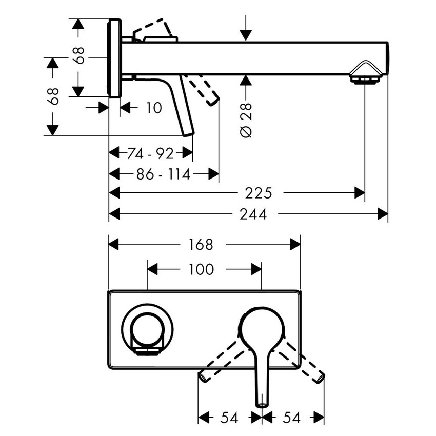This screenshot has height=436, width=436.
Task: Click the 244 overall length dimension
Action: point(252,214)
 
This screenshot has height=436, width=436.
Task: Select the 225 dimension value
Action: point(257,193)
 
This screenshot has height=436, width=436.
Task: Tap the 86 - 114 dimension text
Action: point(163,174)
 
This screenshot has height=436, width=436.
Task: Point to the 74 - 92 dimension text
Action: point(150,153)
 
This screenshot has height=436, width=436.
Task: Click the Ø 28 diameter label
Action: point(246,120)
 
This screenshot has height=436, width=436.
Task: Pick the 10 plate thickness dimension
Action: point(153,108)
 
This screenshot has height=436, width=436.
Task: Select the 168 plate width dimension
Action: point(201,245)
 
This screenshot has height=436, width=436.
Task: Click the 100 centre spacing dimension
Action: point(201,269)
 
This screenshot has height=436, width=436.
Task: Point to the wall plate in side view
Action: point(115,58)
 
